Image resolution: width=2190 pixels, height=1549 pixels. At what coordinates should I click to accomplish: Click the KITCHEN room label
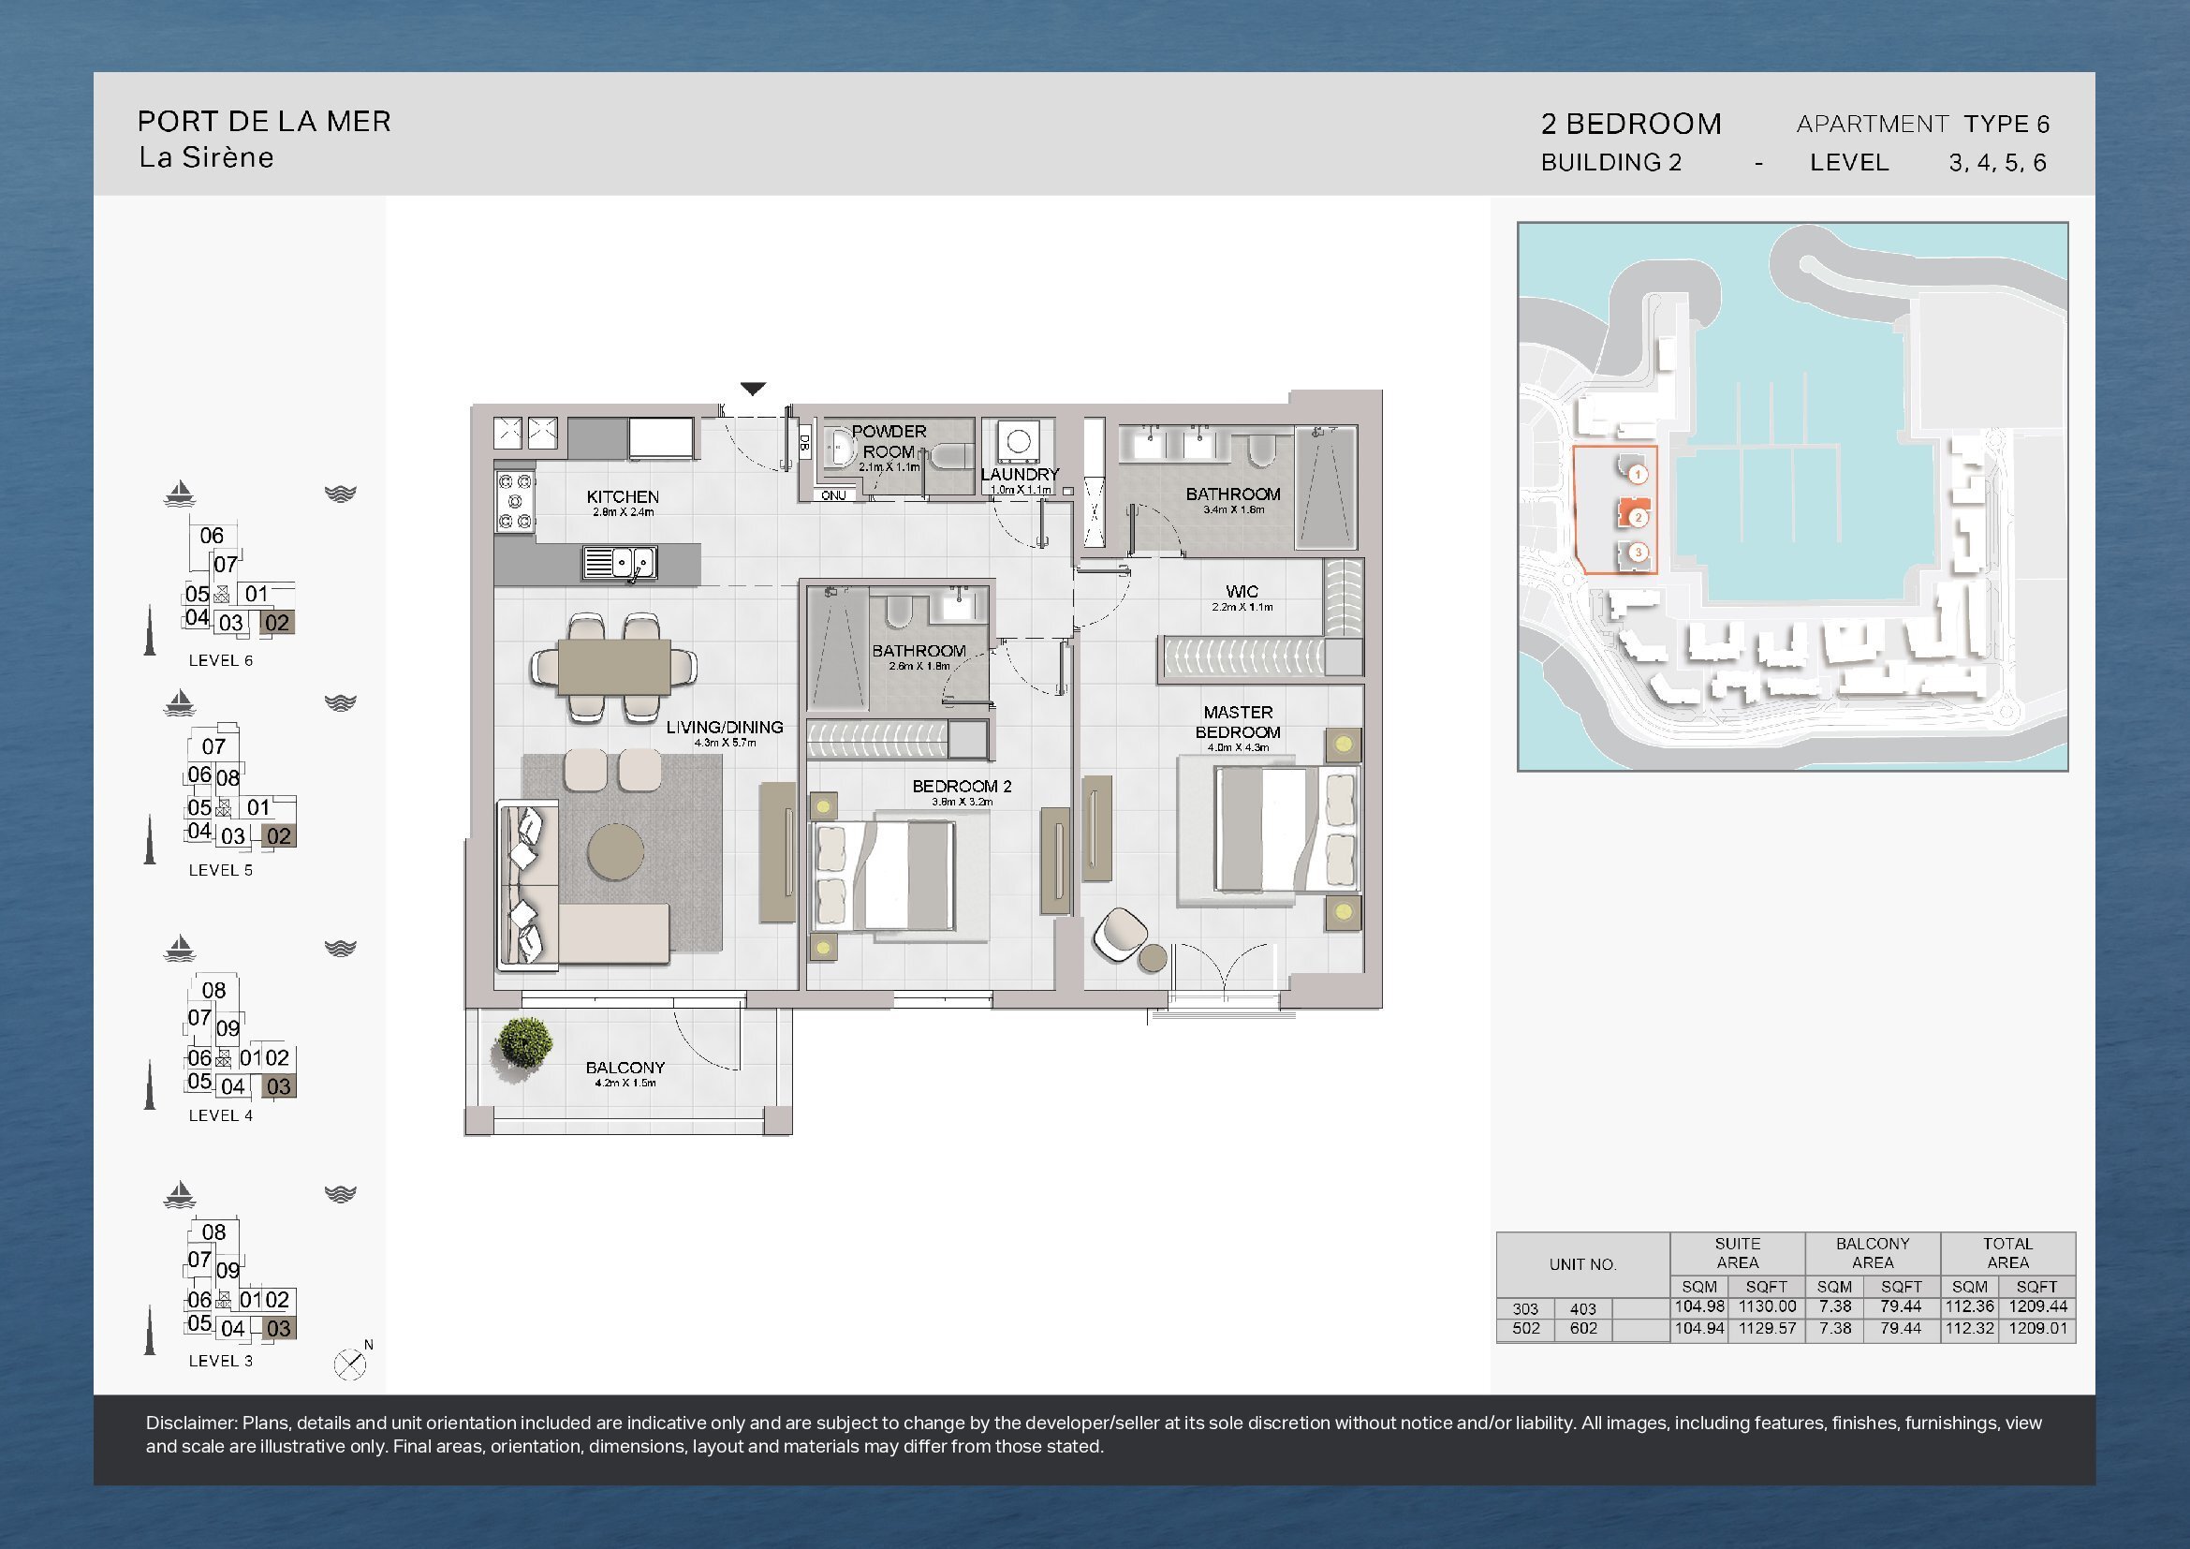pyautogui.click(x=623, y=497)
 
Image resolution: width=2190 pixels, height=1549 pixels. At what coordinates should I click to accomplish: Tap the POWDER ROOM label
pyautogui.click(x=889, y=442)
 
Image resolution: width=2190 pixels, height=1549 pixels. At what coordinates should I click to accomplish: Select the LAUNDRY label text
pyautogui.click(x=1020, y=474)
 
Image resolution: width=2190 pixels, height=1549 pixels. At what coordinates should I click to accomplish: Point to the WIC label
pyautogui.click(x=1242, y=591)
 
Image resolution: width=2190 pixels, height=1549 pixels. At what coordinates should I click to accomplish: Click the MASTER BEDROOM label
pyautogui.click(x=1238, y=722)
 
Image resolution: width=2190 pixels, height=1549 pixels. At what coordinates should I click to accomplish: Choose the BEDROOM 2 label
pyautogui.click(x=962, y=786)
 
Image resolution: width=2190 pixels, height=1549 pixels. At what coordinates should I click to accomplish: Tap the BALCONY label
pyautogui.click(x=625, y=1068)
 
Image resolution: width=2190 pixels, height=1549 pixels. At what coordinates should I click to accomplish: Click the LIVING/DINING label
pyautogui.click(x=725, y=727)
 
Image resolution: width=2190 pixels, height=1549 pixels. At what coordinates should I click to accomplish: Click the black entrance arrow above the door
pyautogui.click(x=754, y=389)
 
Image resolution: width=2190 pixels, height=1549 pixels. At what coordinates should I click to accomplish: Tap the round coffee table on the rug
pyautogui.click(x=615, y=850)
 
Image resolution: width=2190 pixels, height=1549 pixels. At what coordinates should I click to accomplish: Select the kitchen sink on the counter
pyautogui.click(x=620, y=562)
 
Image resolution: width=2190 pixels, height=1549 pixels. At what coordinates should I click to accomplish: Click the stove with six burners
pyautogui.click(x=515, y=502)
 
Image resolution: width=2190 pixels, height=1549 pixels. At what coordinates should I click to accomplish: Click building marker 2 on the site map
pyautogui.click(x=1638, y=518)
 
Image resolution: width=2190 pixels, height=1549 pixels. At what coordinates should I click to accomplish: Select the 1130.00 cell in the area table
pyautogui.click(x=1768, y=1306)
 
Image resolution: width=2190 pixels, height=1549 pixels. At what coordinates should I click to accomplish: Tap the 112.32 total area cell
pyautogui.click(x=1970, y=1328)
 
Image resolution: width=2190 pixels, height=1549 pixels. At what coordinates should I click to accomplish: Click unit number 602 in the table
pyautogui.click(x=1583, y=1328)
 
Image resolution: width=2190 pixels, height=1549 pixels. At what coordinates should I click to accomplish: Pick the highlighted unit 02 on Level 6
pyautogui.click(x=276, y=623)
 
